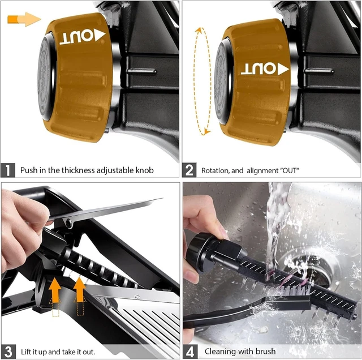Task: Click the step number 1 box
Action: (x=8, y=170)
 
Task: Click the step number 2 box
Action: (x=189, y=170)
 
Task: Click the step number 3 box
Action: (x=8, y=351)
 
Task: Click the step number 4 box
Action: (x=189, y=351)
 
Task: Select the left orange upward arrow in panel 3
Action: (x=55, y=292)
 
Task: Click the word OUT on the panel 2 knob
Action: (x=257, y=68)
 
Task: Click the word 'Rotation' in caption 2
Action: (x=217, y=170)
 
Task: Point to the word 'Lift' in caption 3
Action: (x=28, y=351)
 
